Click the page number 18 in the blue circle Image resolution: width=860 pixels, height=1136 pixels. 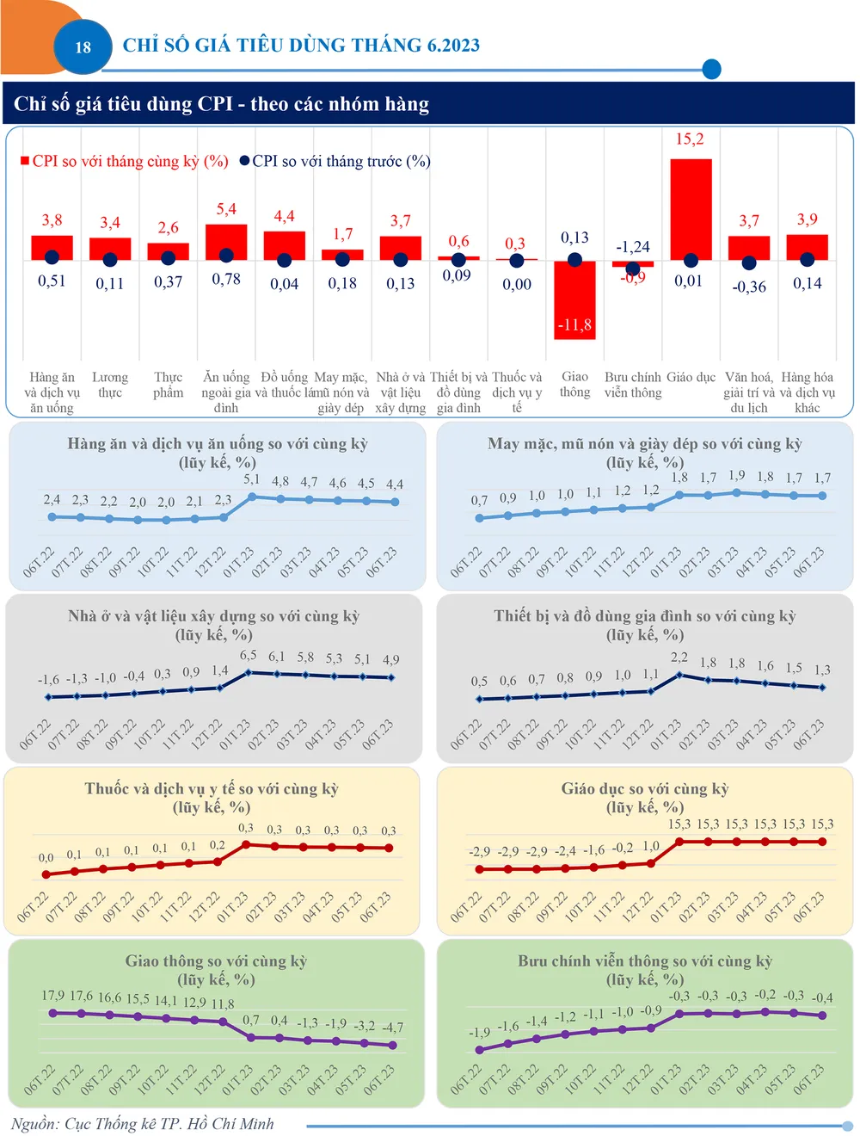coord(83,47)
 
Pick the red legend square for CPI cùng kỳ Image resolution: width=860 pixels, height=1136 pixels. coord(25,161)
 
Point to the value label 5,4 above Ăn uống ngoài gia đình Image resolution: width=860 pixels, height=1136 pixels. coord(226,209)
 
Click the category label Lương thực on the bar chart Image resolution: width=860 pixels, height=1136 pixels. coord(110,385)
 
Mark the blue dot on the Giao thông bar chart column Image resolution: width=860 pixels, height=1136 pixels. coord(575,260)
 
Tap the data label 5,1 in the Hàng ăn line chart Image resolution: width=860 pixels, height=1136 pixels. coord(252,479)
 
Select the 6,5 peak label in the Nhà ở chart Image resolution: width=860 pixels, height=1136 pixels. coord(249,655)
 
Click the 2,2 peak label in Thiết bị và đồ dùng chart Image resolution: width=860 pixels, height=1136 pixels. coord(679,657)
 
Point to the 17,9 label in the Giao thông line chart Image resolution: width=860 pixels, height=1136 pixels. coord(52,996)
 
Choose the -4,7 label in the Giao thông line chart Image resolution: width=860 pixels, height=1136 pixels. coord(392,1028)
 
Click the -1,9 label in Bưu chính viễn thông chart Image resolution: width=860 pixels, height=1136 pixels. coord(480,1032)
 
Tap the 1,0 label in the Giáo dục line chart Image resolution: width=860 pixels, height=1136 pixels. coord(651,846)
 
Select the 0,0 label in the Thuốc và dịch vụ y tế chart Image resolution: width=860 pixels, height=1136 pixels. coord(46,857)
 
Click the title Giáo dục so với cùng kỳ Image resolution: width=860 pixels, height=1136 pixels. coord(645,788)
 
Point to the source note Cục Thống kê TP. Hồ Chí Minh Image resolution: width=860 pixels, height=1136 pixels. coord(143,1124)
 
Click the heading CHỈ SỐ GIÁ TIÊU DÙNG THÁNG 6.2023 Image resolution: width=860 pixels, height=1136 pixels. coord(301,46)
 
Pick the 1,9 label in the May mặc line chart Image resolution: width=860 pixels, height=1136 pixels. coord(737,475)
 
